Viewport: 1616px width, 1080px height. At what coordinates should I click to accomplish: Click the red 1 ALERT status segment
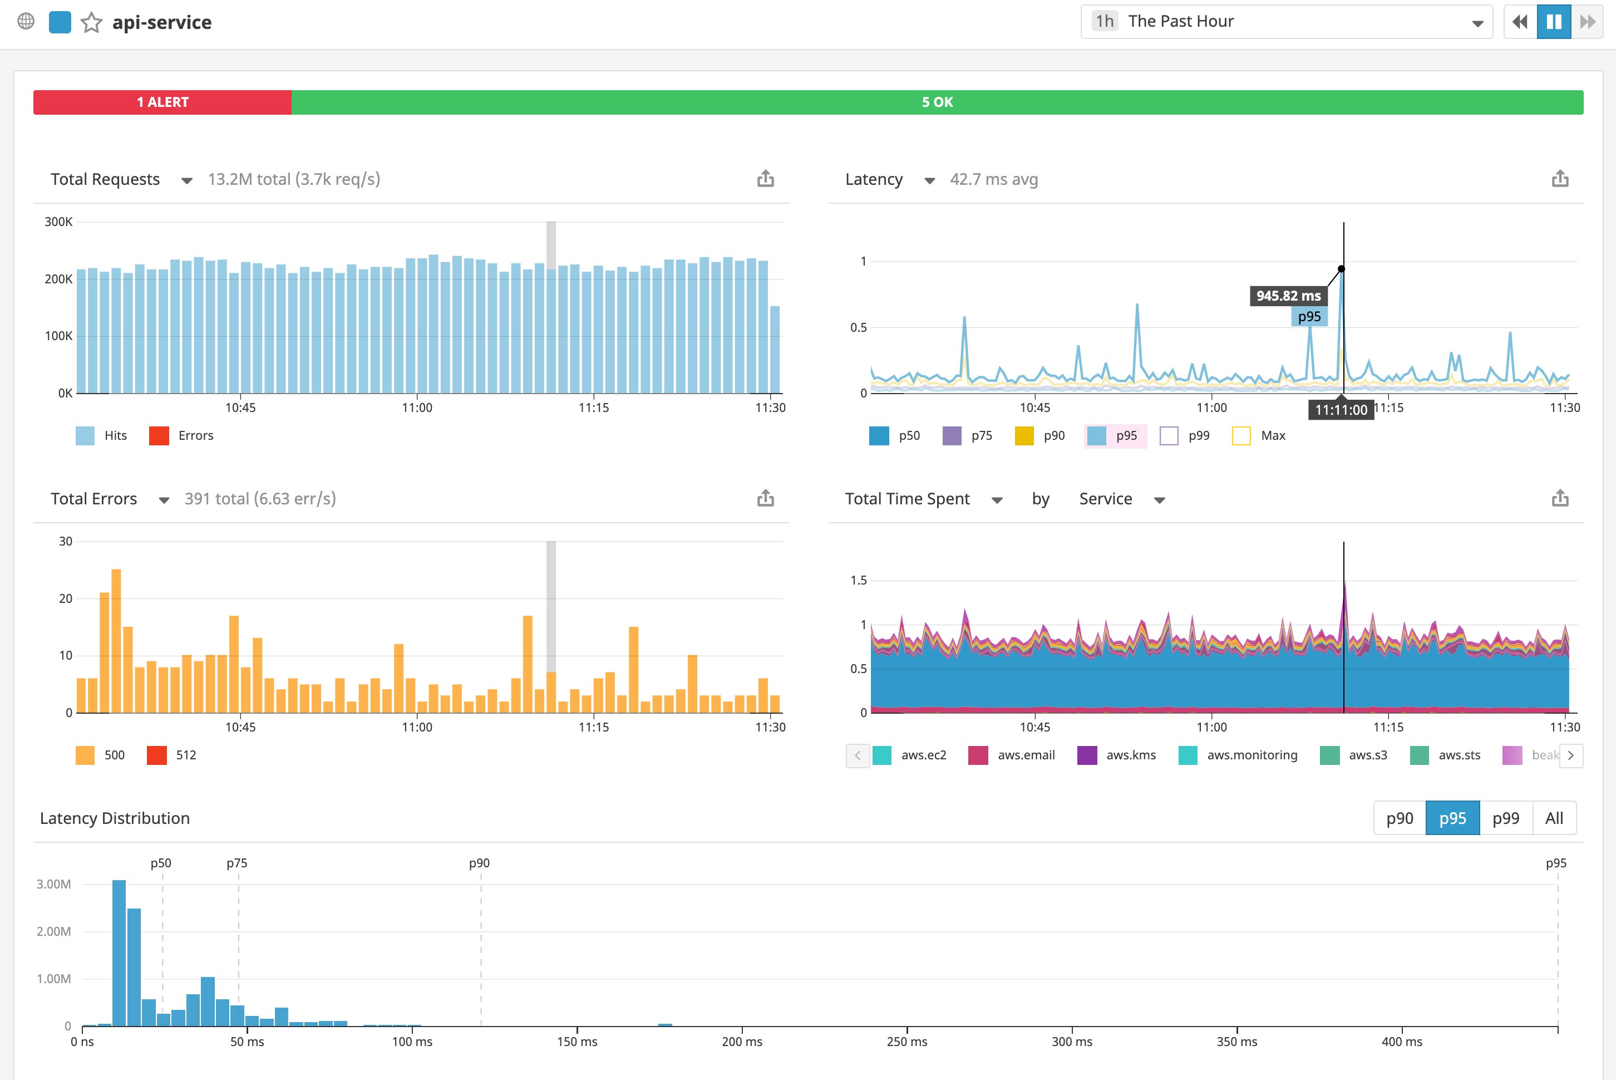pyautogui.click(x=162, y=102)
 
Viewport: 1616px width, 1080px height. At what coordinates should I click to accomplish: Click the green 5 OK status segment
pyautogui.click(x=937, y=102)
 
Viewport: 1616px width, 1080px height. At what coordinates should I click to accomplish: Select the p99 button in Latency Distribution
pyautogui.click(x=1505, y=818)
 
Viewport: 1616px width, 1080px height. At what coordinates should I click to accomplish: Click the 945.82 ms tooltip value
pyautogui.click(x=1288, y=296)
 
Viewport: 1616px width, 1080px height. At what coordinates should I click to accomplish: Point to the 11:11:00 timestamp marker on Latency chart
pyautogui.click(x=1340, y=410)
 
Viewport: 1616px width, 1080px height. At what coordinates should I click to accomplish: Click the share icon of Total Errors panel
pyautogui.click(x=765, y=499)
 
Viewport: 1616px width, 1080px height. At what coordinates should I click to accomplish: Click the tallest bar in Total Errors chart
pyautogui.click(x=116, y=641)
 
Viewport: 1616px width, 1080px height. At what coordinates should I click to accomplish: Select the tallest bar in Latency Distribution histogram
pyautogui.click(x=119, y=953)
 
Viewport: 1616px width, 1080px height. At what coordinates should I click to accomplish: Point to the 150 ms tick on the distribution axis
pyautogui.click(x=577, y=1042)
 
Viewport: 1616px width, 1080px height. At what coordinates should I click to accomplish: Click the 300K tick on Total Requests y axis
pyautogui.click(x=58, y=222)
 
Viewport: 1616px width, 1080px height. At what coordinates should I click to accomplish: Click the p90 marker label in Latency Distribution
pyautogui.click(x=479, y=863)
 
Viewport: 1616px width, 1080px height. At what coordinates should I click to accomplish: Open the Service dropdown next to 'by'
pyautogui.click(x=1121, y=499)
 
